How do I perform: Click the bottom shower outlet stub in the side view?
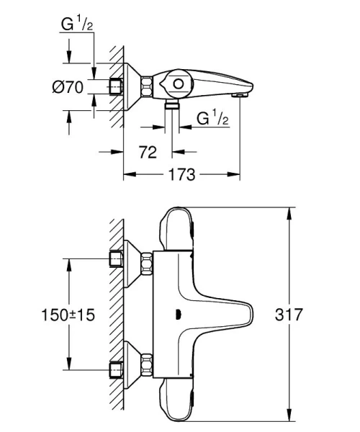click(171, 106)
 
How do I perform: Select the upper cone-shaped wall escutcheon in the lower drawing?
click(130, 260)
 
